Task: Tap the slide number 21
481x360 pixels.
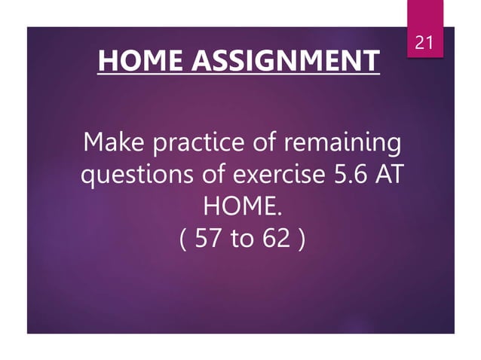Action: (x=425, y=44)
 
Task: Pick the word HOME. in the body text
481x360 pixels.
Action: (x=240, y=207)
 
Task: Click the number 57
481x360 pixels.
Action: (x=207, y=239)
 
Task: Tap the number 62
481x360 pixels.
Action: (x=276, y=239)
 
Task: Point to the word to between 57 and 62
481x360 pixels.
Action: (x=241, y=240)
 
